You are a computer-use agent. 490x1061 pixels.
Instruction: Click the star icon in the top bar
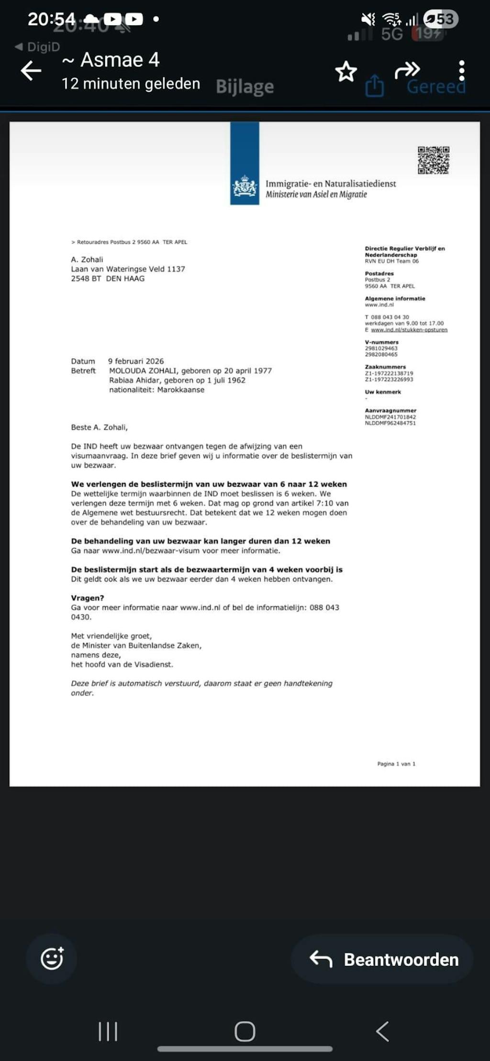[x=346, y=72]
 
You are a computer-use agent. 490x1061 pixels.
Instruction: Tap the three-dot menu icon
[x=461, y=71]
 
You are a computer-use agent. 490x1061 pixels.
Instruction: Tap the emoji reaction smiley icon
[x=52, y=958]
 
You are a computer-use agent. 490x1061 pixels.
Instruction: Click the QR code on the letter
[x=434, y=160]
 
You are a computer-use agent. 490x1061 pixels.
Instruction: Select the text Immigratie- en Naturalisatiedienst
[x=331, y=184]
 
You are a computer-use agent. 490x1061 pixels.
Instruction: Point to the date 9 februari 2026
[x=136, y=361]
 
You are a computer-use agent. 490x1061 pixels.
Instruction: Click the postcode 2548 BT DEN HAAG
[x=108, y=278]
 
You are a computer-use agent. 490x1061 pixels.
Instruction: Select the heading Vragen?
[x=88, y=598]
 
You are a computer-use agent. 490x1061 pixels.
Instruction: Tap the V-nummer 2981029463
[x=381, y=349]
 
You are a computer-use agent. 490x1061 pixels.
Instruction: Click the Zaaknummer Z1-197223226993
[x=389, y=379]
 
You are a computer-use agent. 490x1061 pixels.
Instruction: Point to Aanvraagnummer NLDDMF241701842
[x=390, y=417]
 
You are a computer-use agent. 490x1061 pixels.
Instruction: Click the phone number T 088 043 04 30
[x=387, y=317]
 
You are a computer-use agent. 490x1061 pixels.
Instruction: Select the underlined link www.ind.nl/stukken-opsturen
[x=409, y=330]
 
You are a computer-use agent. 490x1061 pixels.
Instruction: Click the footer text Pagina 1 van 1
[x=396, y=764]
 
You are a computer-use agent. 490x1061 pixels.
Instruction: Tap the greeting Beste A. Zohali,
[x=100, y=427]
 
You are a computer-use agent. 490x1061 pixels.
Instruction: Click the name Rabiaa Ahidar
[x=134, y=380]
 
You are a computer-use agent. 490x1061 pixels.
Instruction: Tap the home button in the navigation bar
[x=245, y=1031]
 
